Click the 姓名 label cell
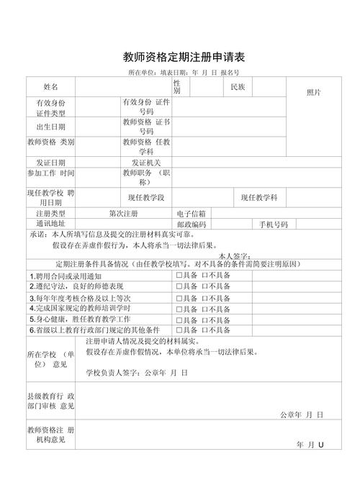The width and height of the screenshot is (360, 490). pos(50,86)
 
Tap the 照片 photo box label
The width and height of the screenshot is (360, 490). pos(314,92)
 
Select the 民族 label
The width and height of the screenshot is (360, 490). pos(238,86)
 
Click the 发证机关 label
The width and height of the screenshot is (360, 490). pos(146,163)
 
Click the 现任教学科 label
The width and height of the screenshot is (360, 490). pos(259,197)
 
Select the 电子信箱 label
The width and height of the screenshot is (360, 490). pos(192,214)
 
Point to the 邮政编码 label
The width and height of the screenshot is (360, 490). pos(192,224)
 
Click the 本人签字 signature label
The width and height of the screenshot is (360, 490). pos(233,255)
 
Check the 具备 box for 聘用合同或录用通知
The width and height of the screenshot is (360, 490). pos(179,276)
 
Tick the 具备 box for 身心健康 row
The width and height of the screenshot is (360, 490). pos(179,319)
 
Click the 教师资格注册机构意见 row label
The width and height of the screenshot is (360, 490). pos(50,435)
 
